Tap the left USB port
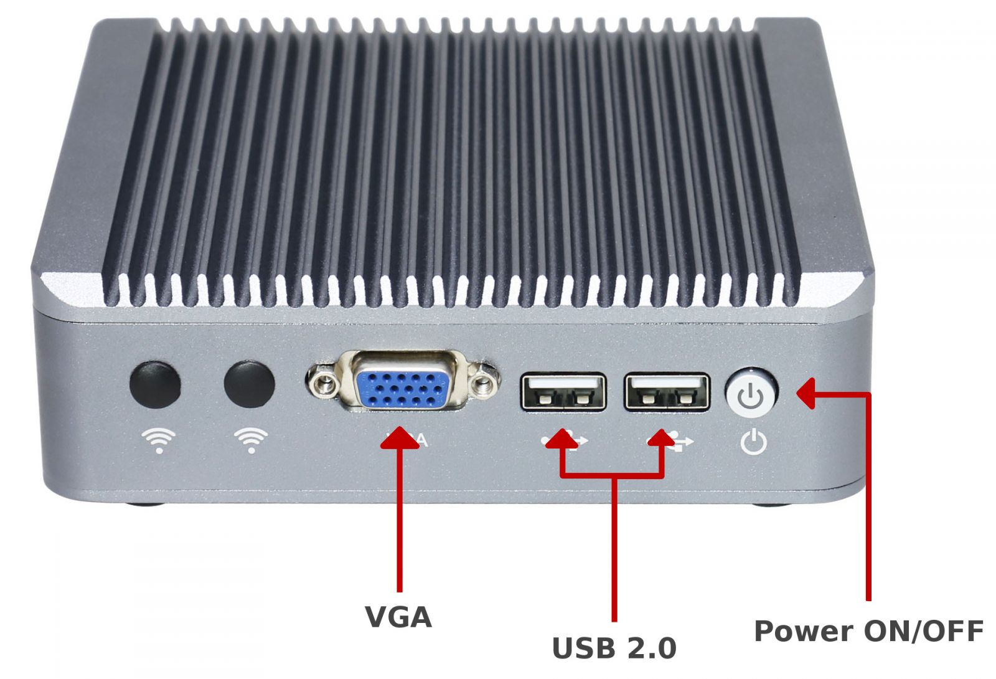click(563, 392)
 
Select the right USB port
click(667, 392)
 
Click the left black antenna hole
click(155, 384)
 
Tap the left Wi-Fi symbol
click(159, 440)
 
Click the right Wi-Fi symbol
click(251, 440)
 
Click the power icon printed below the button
click(754, 442)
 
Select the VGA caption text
click(398, 617)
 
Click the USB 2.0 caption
click(614, 648)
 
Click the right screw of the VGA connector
click(482, 381)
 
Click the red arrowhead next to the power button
click(807, 394)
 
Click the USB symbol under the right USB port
click(680, 442)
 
